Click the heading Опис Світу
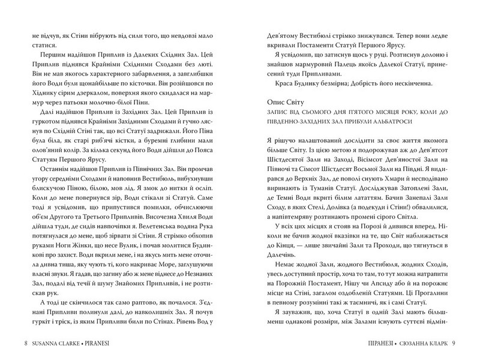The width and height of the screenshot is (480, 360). coord(286,104)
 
